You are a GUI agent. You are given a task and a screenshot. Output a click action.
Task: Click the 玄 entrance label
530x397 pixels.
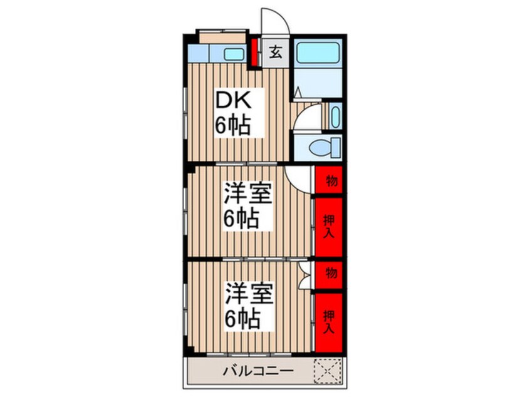click(x=275, y=53)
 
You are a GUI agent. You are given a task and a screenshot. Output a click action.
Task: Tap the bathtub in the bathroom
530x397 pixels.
click(x=318, y=53)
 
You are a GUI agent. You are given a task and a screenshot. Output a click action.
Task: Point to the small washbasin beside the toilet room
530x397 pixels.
click(x=335, y=116)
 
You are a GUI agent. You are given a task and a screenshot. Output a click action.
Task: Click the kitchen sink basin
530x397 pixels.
click(x=234, y=54)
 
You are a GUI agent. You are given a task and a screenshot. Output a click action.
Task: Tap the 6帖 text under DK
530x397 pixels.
click(x=233, y=125)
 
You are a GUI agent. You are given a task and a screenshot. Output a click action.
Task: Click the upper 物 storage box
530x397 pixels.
click(x=330, y=181)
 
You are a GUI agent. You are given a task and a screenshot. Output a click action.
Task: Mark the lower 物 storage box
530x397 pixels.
click(x=330, y=274)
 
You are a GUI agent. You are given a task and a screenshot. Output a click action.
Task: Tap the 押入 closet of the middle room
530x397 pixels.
click(x=329, y=226)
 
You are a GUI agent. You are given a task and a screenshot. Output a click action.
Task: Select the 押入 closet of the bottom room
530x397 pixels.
click(x=329, y=321)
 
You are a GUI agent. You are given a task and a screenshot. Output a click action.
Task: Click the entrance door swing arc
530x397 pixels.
click(x=274, y=21)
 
